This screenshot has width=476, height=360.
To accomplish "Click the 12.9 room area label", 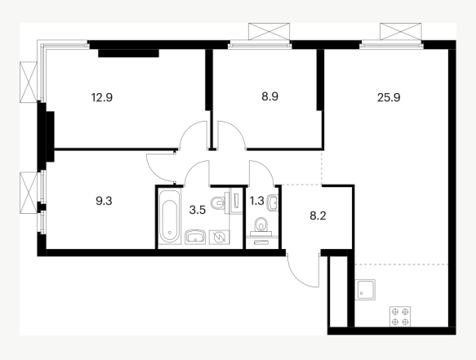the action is (x=102, y=98).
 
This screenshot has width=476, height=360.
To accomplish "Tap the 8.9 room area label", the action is (x=270, y=96).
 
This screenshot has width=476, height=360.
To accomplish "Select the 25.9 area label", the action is (x=389, y=98).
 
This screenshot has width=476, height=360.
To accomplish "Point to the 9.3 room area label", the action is (x=105, y=201).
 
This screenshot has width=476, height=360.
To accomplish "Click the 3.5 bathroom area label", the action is (x=198, y=210).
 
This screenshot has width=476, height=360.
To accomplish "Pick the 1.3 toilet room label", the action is (x=256, y=201).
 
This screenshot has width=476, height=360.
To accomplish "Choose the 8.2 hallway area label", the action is (x=318, y=216).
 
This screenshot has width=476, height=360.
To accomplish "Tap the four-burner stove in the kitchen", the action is (x=400, y=317).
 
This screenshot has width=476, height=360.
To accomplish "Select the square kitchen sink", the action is (x=366, y=290).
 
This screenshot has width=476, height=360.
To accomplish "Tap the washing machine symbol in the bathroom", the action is (x=219, y=238).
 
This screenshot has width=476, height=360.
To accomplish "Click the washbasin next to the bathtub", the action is (x=195, y=238).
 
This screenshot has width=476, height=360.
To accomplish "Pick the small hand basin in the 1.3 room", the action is (x=273, y=202).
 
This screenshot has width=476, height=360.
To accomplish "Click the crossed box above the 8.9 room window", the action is (x=269, y=31).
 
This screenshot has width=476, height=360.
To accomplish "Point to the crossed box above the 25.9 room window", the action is (x=401, y=31).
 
